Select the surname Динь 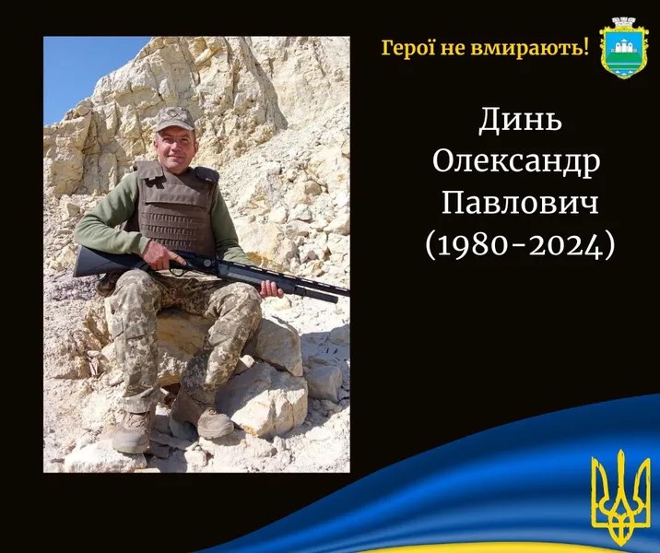pyautogui.click(x=520, y=121)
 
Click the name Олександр pyautogui.click(x=516, y=161)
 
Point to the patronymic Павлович pyautogui.click(x=520, y=203)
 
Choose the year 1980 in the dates pyautogui.click(x=478, y=245)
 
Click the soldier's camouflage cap pyautogui.click(x=173, y=119)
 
